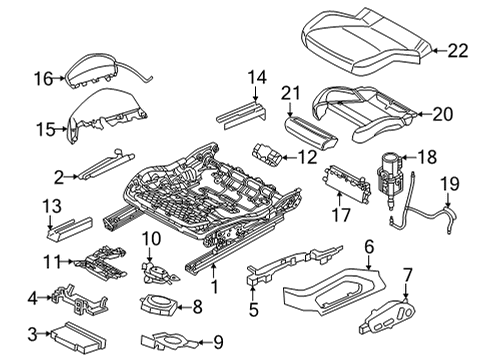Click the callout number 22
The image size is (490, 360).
coord(458,51)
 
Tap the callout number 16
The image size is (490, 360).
coord(44,79)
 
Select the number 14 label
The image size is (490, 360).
coord(257,77)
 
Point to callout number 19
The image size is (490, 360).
coord(450,184)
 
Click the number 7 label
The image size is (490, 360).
coord(407,275)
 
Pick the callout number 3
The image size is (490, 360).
coord(32,334)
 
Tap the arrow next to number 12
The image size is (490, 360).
coord(289,157)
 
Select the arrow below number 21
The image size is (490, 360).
coord(290,109)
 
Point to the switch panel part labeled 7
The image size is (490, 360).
coord(387,316)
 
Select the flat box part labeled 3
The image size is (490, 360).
coord(78,337)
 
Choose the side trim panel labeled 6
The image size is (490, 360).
coord(333,289)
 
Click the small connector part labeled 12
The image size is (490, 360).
coord(267,155)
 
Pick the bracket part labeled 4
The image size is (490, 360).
coord(77,301)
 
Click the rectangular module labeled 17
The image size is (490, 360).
coord(347,184)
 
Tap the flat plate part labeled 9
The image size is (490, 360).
coord(168,341)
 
